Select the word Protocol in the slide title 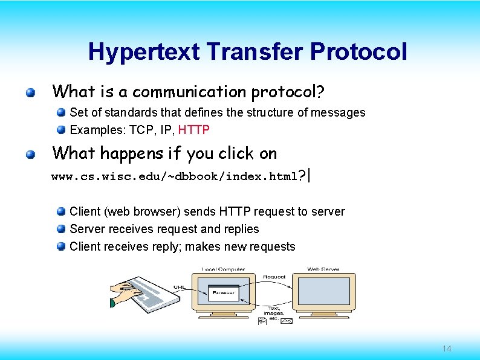(x=358, y=52)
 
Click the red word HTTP (x=193, y=130)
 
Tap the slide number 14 (x=447, y=349)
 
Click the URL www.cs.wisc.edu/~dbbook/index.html (x=174, y=177)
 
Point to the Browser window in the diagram (x=223, y=293)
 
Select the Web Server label (x=323, y=269)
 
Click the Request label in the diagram (x=274, y=277)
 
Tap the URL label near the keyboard (x=180, y=288)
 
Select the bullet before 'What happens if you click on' (x=30, y=155)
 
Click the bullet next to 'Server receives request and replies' (x=61, y=230)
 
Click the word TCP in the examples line (x=139, y=130)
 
